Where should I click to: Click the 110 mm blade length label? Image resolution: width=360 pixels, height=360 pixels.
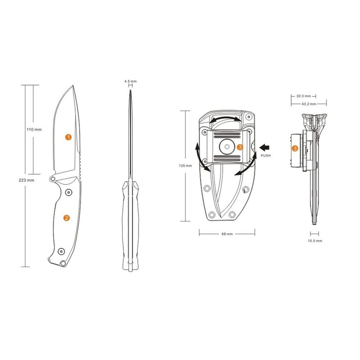tap(34, 130)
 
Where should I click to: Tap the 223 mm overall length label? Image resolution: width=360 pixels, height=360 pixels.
tap(27, 180)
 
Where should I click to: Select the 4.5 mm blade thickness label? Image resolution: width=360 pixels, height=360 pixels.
tap(130, 81)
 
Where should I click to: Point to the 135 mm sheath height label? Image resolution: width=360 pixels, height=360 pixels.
tap(185, 166)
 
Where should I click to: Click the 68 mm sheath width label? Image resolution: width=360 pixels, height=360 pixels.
tap(227, 234)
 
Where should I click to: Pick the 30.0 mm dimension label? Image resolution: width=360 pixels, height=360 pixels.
tap(303, 96)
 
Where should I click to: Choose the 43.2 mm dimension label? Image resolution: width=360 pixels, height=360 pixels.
tap(309, 104)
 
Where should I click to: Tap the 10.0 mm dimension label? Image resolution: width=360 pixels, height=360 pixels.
tap(315, 241)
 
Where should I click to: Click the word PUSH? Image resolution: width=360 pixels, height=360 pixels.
tap(265, 156)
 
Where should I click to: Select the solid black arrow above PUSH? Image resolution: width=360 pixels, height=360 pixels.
tap(265, 148)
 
